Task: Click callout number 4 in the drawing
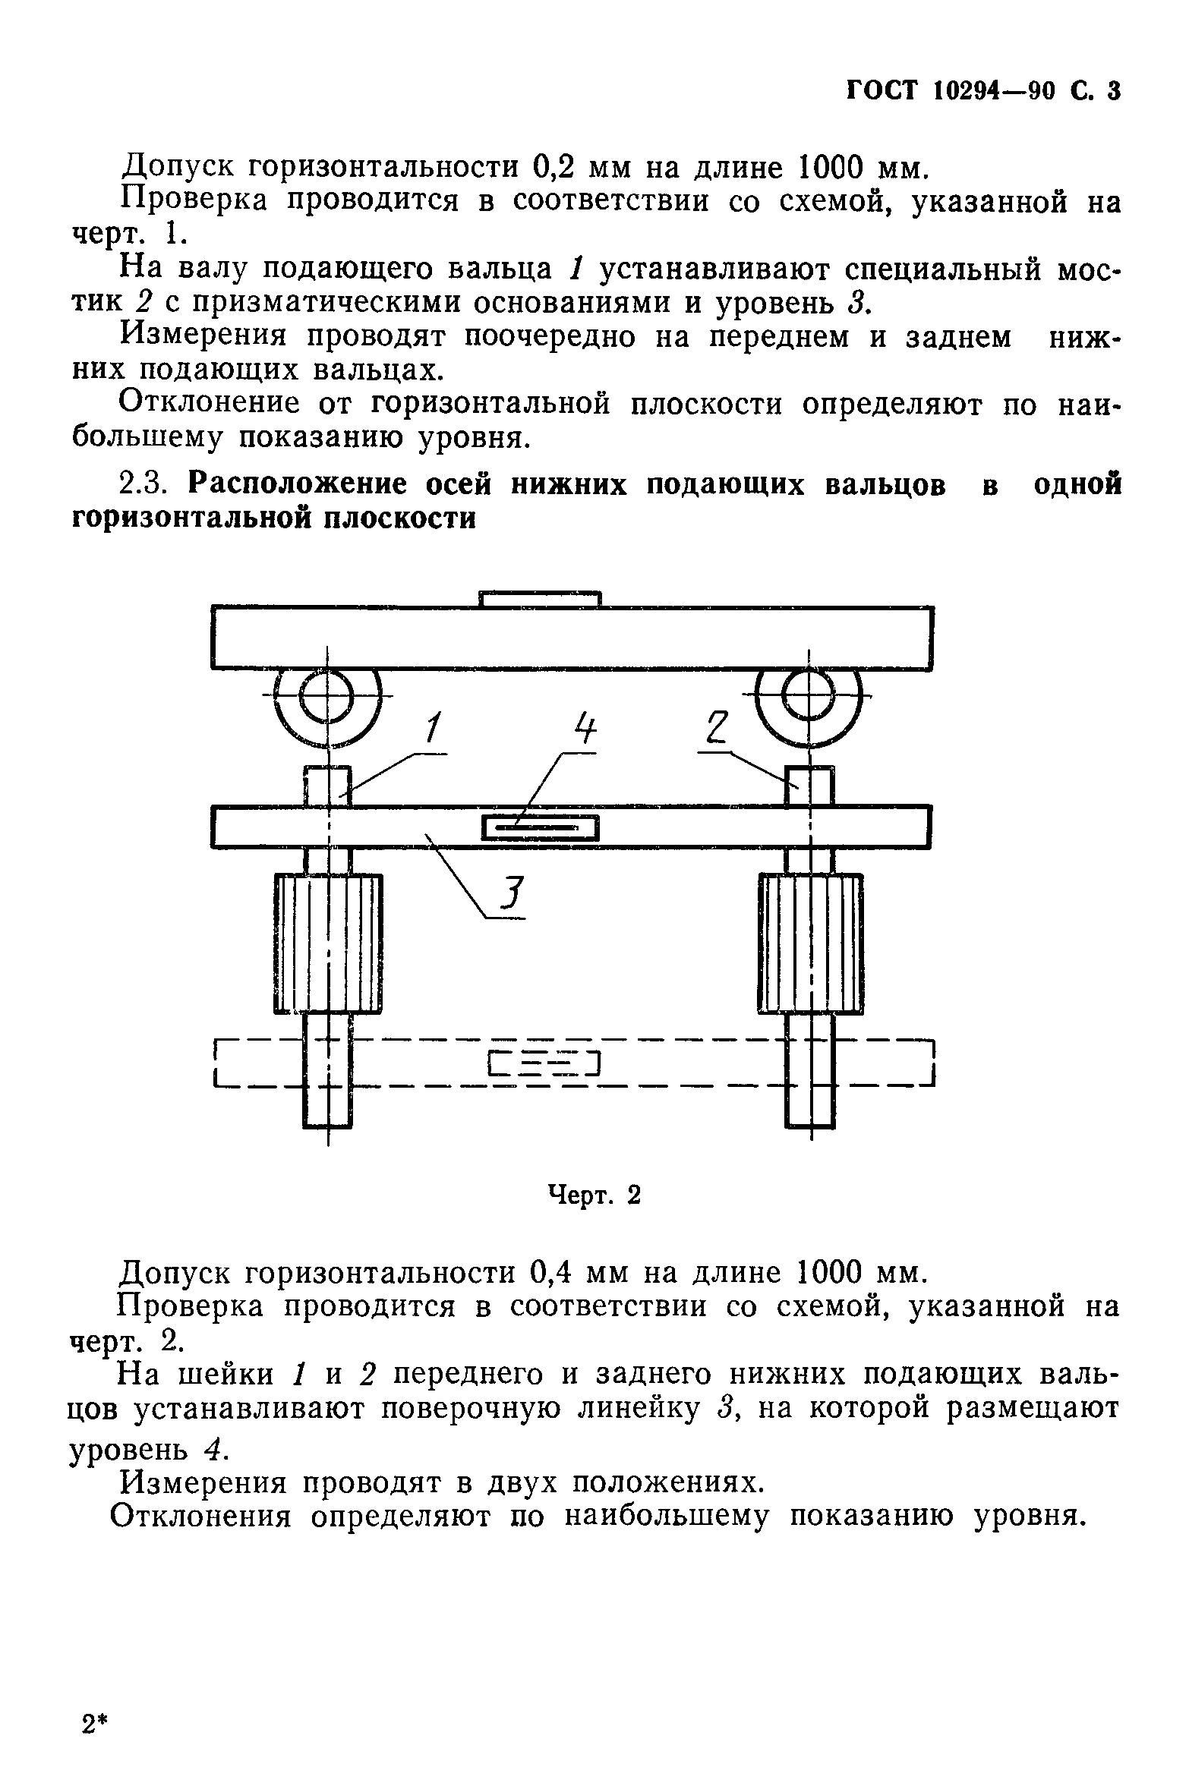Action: click(584, 729)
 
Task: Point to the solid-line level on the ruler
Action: click(541, 827)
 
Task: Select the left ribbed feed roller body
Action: click(328, 943)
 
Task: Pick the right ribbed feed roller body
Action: click(811, 943)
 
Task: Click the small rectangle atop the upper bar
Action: click(541, 599)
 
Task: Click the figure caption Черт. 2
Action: click(594, 1195)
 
